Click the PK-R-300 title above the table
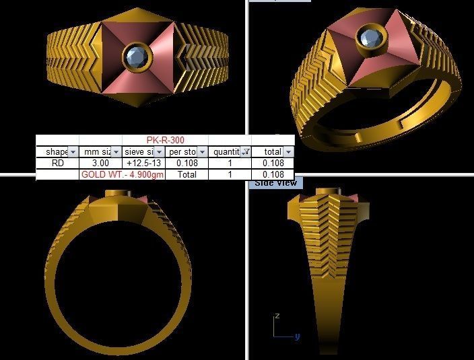point(166,141)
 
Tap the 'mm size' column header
point(95,152)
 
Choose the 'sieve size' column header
point(139,152)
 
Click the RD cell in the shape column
point(57,163)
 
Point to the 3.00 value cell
point(100,163)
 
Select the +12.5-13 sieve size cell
point(143,163)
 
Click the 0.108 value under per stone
point(187,163)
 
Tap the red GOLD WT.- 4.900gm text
point(122,174)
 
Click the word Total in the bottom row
point(187,174)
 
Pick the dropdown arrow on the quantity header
point(246,152)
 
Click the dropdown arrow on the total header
point(288,152)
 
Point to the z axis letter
point(277,315)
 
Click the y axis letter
point(297,336)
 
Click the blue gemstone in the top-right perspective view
point(369,38)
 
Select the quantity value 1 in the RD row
point(230,163)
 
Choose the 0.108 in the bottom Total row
point(273,174)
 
